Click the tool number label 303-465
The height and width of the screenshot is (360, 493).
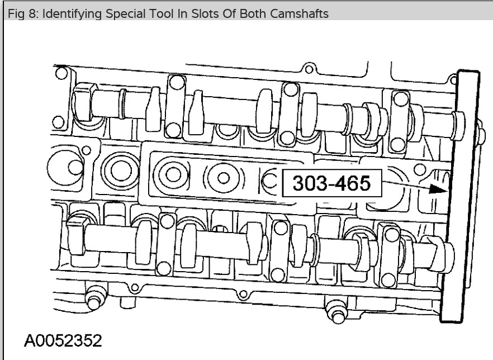pos(331,183)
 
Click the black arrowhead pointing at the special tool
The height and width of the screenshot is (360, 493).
pos(438,190)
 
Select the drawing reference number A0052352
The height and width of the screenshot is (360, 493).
pos(63,340)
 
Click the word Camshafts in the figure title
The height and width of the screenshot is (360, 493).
pos(299,13)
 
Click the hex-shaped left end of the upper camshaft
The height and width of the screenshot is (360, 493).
pos(83,102)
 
